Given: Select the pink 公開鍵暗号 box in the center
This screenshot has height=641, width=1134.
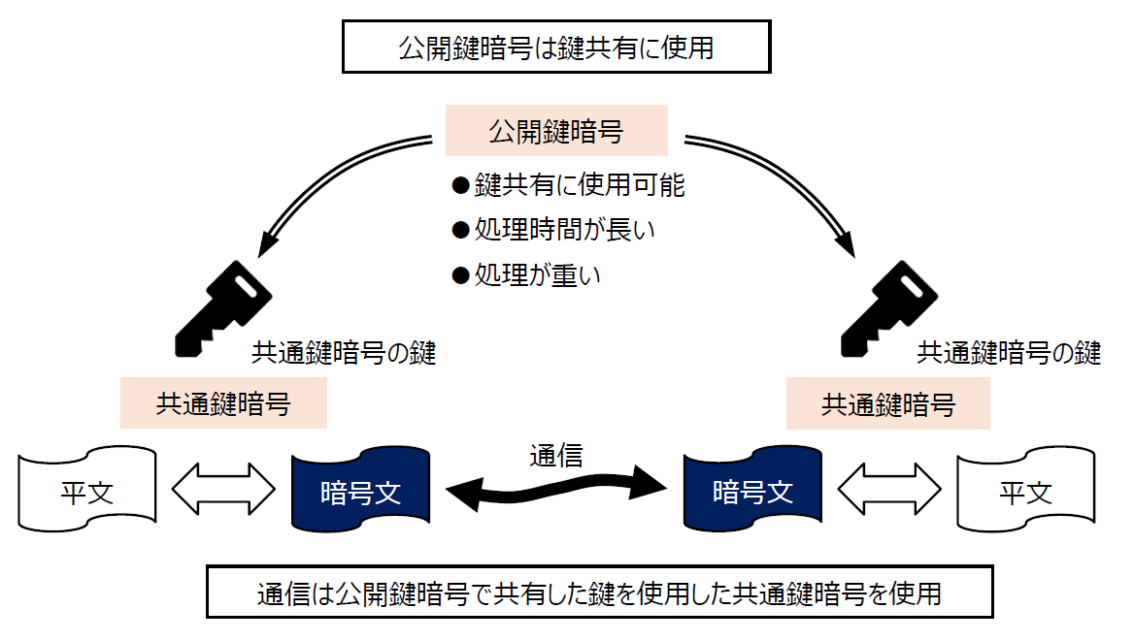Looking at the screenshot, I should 556,131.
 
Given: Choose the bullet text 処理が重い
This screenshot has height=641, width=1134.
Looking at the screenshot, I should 538,274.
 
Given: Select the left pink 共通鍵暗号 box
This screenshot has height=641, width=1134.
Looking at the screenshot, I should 223,403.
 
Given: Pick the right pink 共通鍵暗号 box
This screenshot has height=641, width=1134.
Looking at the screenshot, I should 888,403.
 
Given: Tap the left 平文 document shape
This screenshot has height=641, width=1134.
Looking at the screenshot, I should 87,491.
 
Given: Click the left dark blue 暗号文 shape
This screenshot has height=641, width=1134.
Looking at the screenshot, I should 360,491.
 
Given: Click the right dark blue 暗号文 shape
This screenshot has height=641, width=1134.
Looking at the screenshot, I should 752,491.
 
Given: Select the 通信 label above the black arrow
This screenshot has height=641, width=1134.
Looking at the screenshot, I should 556,455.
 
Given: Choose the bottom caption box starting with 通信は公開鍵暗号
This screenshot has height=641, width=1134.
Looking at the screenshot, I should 599,592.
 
